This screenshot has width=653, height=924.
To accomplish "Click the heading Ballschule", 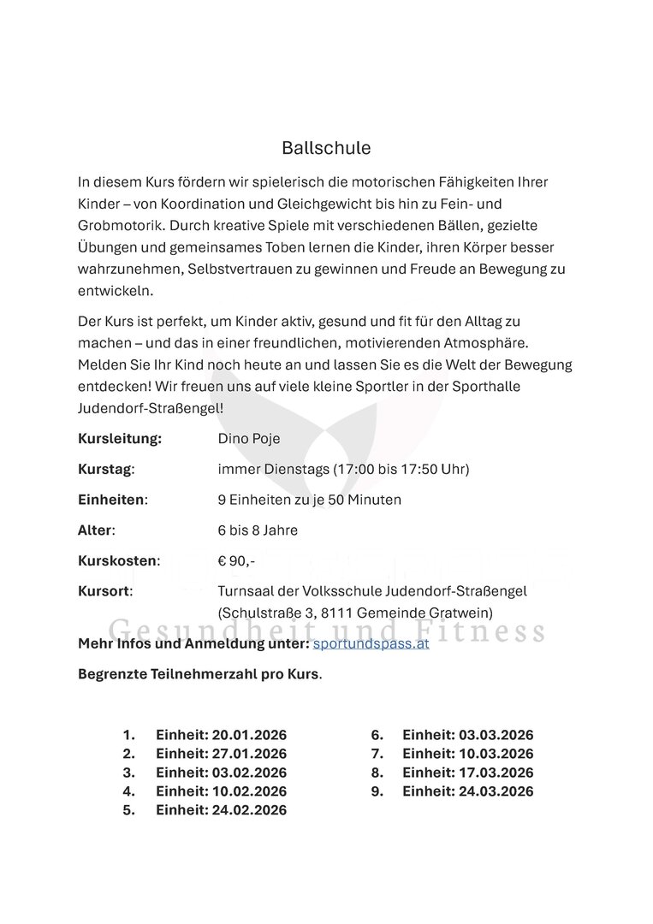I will (326, 148).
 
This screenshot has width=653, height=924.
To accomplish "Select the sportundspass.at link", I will (371, 643).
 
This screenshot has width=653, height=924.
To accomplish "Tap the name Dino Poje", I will (249, 439).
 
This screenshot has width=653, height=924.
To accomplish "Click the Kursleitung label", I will (120, 439).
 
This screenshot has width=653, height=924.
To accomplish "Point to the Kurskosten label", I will (118, 561).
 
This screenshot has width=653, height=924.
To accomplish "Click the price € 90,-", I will (236, 561).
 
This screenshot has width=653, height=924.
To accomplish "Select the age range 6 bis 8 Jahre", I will (258, 530).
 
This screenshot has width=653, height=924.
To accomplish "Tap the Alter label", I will (96, 530).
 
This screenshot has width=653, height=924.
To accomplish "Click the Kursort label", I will (105, 591).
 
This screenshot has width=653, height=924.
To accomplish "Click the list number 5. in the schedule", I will (129, 809).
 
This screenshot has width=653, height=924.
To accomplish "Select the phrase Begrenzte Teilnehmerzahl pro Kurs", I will (199, 673).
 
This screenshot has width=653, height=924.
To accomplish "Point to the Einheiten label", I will (112, 500).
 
